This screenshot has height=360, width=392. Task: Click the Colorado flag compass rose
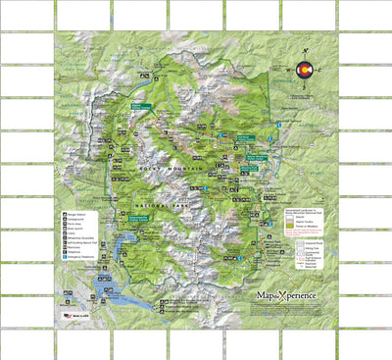[304, 70]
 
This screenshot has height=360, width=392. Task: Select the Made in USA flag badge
[69, 316]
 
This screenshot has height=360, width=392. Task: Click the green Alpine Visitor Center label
[139, 106]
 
